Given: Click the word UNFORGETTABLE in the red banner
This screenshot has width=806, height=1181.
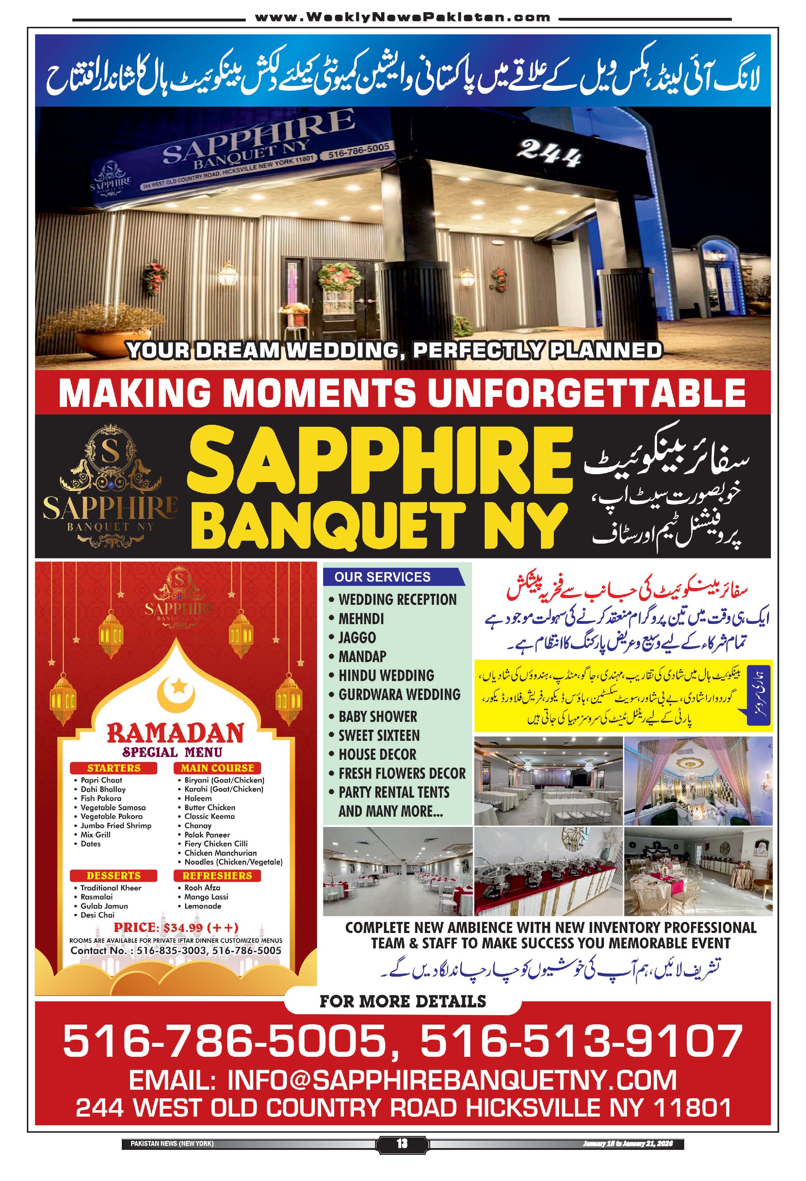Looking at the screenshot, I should (x=586, y=393).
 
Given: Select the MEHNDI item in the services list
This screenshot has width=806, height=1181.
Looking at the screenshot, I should (x=361, y=619).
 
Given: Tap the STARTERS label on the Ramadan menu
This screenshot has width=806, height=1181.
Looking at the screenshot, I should (x=114, y=768).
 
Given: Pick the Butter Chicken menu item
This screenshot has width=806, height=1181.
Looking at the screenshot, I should (x=210, y=807).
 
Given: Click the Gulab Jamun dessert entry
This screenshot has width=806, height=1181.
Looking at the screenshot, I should (x=104, y=906).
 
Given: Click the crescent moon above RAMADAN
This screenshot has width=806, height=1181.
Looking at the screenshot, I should (x=176, y=694).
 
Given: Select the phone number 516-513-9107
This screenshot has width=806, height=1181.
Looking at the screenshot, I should (x=581, y=1040).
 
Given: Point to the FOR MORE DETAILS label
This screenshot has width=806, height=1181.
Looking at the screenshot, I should (x=403, y=1001).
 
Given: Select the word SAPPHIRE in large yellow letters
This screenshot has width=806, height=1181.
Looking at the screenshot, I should (x=380, y=461).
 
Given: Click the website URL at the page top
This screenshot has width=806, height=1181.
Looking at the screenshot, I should (x=402, y=17).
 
